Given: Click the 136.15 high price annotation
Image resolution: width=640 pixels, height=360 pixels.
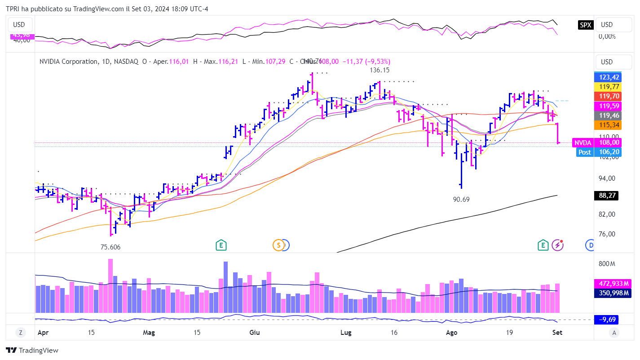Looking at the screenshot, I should point(380,70).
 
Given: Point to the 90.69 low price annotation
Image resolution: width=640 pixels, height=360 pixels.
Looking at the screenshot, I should point(461,199).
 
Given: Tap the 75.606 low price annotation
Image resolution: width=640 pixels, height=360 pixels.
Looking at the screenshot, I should point(110,247).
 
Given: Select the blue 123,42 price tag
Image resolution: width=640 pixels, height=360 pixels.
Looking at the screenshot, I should point(607,76).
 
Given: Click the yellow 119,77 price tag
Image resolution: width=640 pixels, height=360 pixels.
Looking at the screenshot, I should point(607,86).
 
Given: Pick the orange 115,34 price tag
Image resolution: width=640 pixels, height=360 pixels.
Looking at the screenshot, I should point(607,125).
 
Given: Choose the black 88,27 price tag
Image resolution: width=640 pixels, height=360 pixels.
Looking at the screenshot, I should point(607,196).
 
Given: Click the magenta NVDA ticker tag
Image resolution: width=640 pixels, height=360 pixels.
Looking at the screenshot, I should point(583,142).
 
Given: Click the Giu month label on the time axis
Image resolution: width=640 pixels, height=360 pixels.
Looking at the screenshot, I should point(255,333).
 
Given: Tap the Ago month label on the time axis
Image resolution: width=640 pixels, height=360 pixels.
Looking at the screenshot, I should point(451,333).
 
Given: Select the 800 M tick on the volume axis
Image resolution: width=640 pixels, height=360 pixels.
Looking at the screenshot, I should point(606,263).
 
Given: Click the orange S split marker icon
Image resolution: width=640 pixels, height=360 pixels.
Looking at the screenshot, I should point(278,245).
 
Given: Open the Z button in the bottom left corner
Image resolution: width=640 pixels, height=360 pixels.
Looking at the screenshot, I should point(20,333).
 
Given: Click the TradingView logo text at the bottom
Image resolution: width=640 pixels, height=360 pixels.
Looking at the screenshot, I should point(32,351).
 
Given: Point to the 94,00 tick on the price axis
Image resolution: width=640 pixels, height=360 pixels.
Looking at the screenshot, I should point(607,178).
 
